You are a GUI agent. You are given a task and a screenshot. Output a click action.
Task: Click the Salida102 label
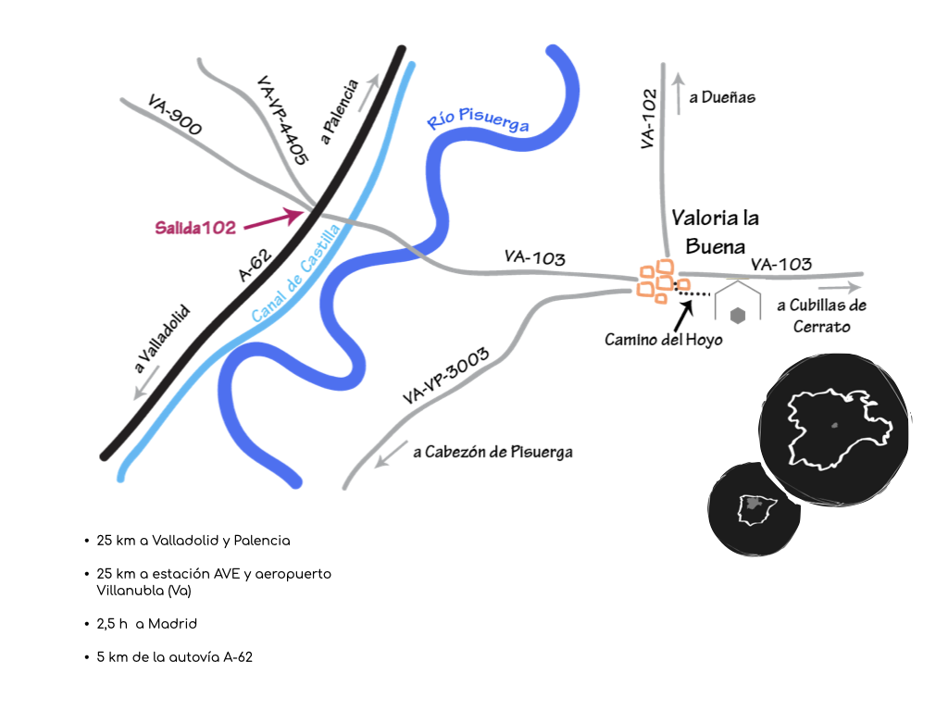click(x=195, y=227)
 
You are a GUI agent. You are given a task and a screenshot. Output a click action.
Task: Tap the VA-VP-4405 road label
click(x=281, y=120)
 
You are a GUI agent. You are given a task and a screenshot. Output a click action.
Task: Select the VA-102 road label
click(x=648, y=118)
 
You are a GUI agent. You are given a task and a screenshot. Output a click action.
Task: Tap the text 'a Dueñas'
click(x=722, y=97)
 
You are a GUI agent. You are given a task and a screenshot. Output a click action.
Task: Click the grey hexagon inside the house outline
click(x=738, y=315)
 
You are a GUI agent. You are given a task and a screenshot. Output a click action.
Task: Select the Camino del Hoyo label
click(x=663, y=340)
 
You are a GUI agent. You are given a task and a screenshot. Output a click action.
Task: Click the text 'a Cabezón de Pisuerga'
click(x=493, y=452)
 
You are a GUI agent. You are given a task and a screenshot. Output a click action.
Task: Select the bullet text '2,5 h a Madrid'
click(x=146, y=624)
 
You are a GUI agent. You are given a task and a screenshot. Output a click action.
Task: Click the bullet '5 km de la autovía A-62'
click(x=174, y=656)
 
